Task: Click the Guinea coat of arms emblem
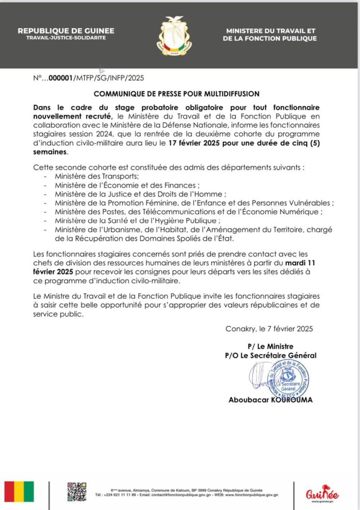pyautogui.click(x=174, y=36)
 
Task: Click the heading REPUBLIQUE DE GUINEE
pyautogui.click(x=66, y=31)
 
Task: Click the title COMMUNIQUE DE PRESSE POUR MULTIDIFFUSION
pyautogui.click(x=176, y=94)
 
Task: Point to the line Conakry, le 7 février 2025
pyautogui.click(x=269, y=329)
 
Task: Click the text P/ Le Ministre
pyautogui.click(x=270, y=346)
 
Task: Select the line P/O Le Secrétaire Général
pyautogui.click(x=270, y=355)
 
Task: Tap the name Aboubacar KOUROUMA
pyautogui.click(x=270, y=399)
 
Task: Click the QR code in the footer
pyautogui.click(x=76, y=492)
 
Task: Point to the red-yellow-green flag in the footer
pyautogui.click(x=19, y=492)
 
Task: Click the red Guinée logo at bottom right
pyautogui.click(x=322, y=494)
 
